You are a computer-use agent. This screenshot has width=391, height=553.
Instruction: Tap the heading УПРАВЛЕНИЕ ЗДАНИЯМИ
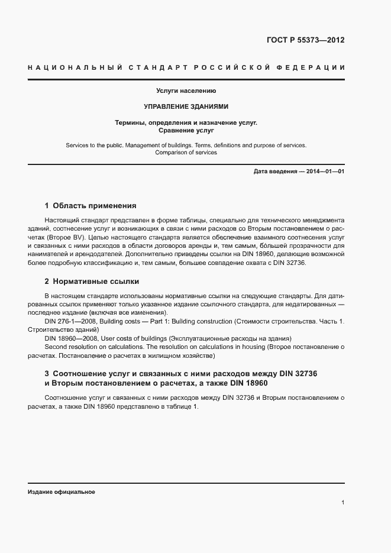pos(186,107)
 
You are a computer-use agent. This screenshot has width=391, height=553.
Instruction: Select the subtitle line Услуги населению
pos(186,91)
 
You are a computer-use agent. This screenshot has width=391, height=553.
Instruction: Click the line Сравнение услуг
pos(186,130)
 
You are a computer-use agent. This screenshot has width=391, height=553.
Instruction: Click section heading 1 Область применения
pos(91,206)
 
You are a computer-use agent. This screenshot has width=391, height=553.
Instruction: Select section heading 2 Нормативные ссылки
pos(92,281)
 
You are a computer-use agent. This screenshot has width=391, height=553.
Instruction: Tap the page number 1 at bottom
pos(343,503)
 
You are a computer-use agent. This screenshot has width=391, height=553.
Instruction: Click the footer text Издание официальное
pos(62,492)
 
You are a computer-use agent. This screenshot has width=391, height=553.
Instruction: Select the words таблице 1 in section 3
pos(183,407)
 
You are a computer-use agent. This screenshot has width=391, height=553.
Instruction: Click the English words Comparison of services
pos(186,152)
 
